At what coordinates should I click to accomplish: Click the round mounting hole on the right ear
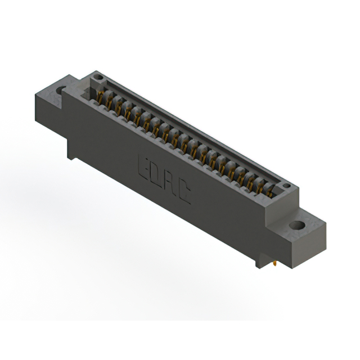(296, 225)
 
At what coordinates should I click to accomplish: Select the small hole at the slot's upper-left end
(99, 76)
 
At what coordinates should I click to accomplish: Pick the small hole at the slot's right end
(286, 185)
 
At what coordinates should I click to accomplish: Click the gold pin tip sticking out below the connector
(274, 264)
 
